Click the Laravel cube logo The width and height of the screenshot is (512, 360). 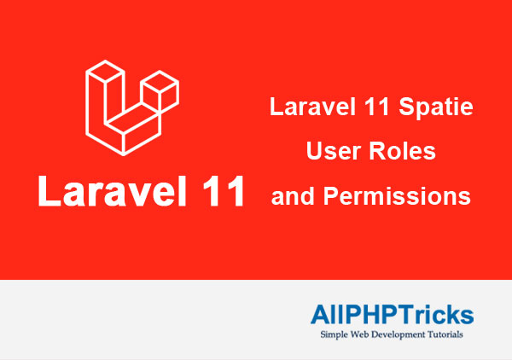(132, 107)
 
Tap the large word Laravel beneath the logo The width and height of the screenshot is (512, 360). (113, 191)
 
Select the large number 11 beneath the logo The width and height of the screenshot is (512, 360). (224, 192)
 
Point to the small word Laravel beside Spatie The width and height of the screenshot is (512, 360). (312, 107)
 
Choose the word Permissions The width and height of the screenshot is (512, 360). (397, 196)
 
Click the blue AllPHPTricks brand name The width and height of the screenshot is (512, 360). (393, 314)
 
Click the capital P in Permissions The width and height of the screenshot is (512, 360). (330, 195)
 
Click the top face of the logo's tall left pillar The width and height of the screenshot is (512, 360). (105, 72)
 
